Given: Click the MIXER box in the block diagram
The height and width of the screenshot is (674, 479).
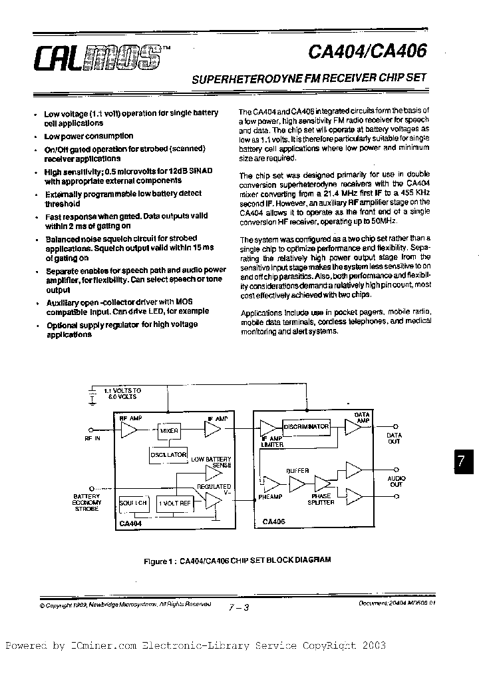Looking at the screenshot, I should click(169, 431).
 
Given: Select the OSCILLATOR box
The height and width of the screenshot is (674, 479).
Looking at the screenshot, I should click(168, 454).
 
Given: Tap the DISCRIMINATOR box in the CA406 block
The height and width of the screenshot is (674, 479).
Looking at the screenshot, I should click(306, 426).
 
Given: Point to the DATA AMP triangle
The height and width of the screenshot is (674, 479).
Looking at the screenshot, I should click(353, 426).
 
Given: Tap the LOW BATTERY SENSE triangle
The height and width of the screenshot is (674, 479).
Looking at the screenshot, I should click(213, 474).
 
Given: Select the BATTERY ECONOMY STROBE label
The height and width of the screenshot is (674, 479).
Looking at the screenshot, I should click(86, 502).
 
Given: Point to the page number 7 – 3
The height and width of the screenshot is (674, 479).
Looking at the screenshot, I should click(237, 607).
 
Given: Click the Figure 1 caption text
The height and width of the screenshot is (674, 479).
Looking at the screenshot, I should click(237, 561).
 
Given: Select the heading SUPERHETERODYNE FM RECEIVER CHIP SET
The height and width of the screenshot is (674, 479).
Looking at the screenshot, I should click(309, 78).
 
